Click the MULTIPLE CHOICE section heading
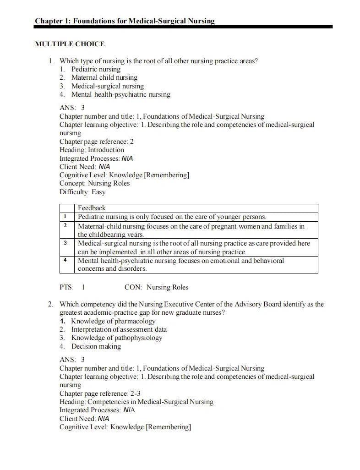70,44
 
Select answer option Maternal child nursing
104,77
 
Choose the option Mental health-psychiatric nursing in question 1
120,94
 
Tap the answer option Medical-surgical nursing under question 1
107,86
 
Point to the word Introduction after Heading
106,150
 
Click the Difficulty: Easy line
82,192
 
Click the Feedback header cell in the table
92,208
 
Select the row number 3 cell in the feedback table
66,243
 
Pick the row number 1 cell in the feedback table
66,217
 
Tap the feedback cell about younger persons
172,217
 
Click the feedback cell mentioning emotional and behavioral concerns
180,264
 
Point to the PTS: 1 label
72,287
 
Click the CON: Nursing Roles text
156,287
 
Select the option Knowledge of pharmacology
113,321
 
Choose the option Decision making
96,346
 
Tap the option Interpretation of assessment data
119,329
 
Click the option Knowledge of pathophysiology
116,338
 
